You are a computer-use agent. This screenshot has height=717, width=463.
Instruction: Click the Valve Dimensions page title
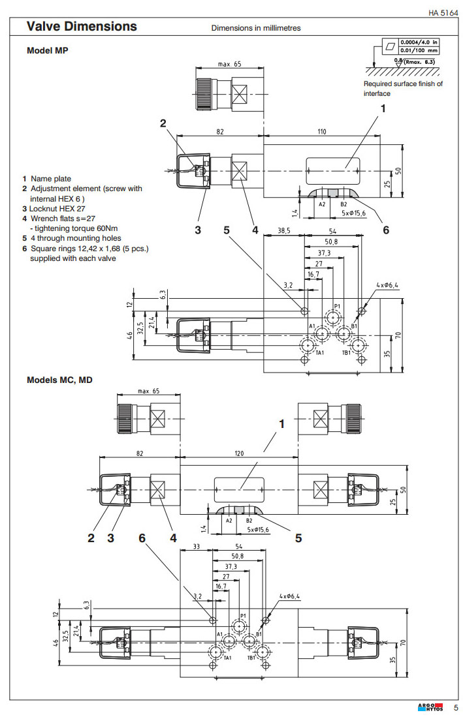click(x=82, y=27)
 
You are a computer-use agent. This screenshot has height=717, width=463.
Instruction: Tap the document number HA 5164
click(x=443, y=12)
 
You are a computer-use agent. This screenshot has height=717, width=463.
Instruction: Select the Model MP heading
click(x=47, y=50)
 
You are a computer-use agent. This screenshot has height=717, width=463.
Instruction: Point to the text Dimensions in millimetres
click(x=255, y=29)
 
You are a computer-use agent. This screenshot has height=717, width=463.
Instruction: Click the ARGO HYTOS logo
click(x=430, y=707)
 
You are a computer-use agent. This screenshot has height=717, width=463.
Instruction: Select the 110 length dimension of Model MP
click(x=322, y=132)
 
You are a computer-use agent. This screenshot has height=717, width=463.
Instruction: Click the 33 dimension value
click(x=195, y=547)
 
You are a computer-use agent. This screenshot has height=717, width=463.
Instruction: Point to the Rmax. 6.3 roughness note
click(x=421, y=61)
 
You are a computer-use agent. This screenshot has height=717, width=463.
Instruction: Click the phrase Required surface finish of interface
click(x=403, y=88)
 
